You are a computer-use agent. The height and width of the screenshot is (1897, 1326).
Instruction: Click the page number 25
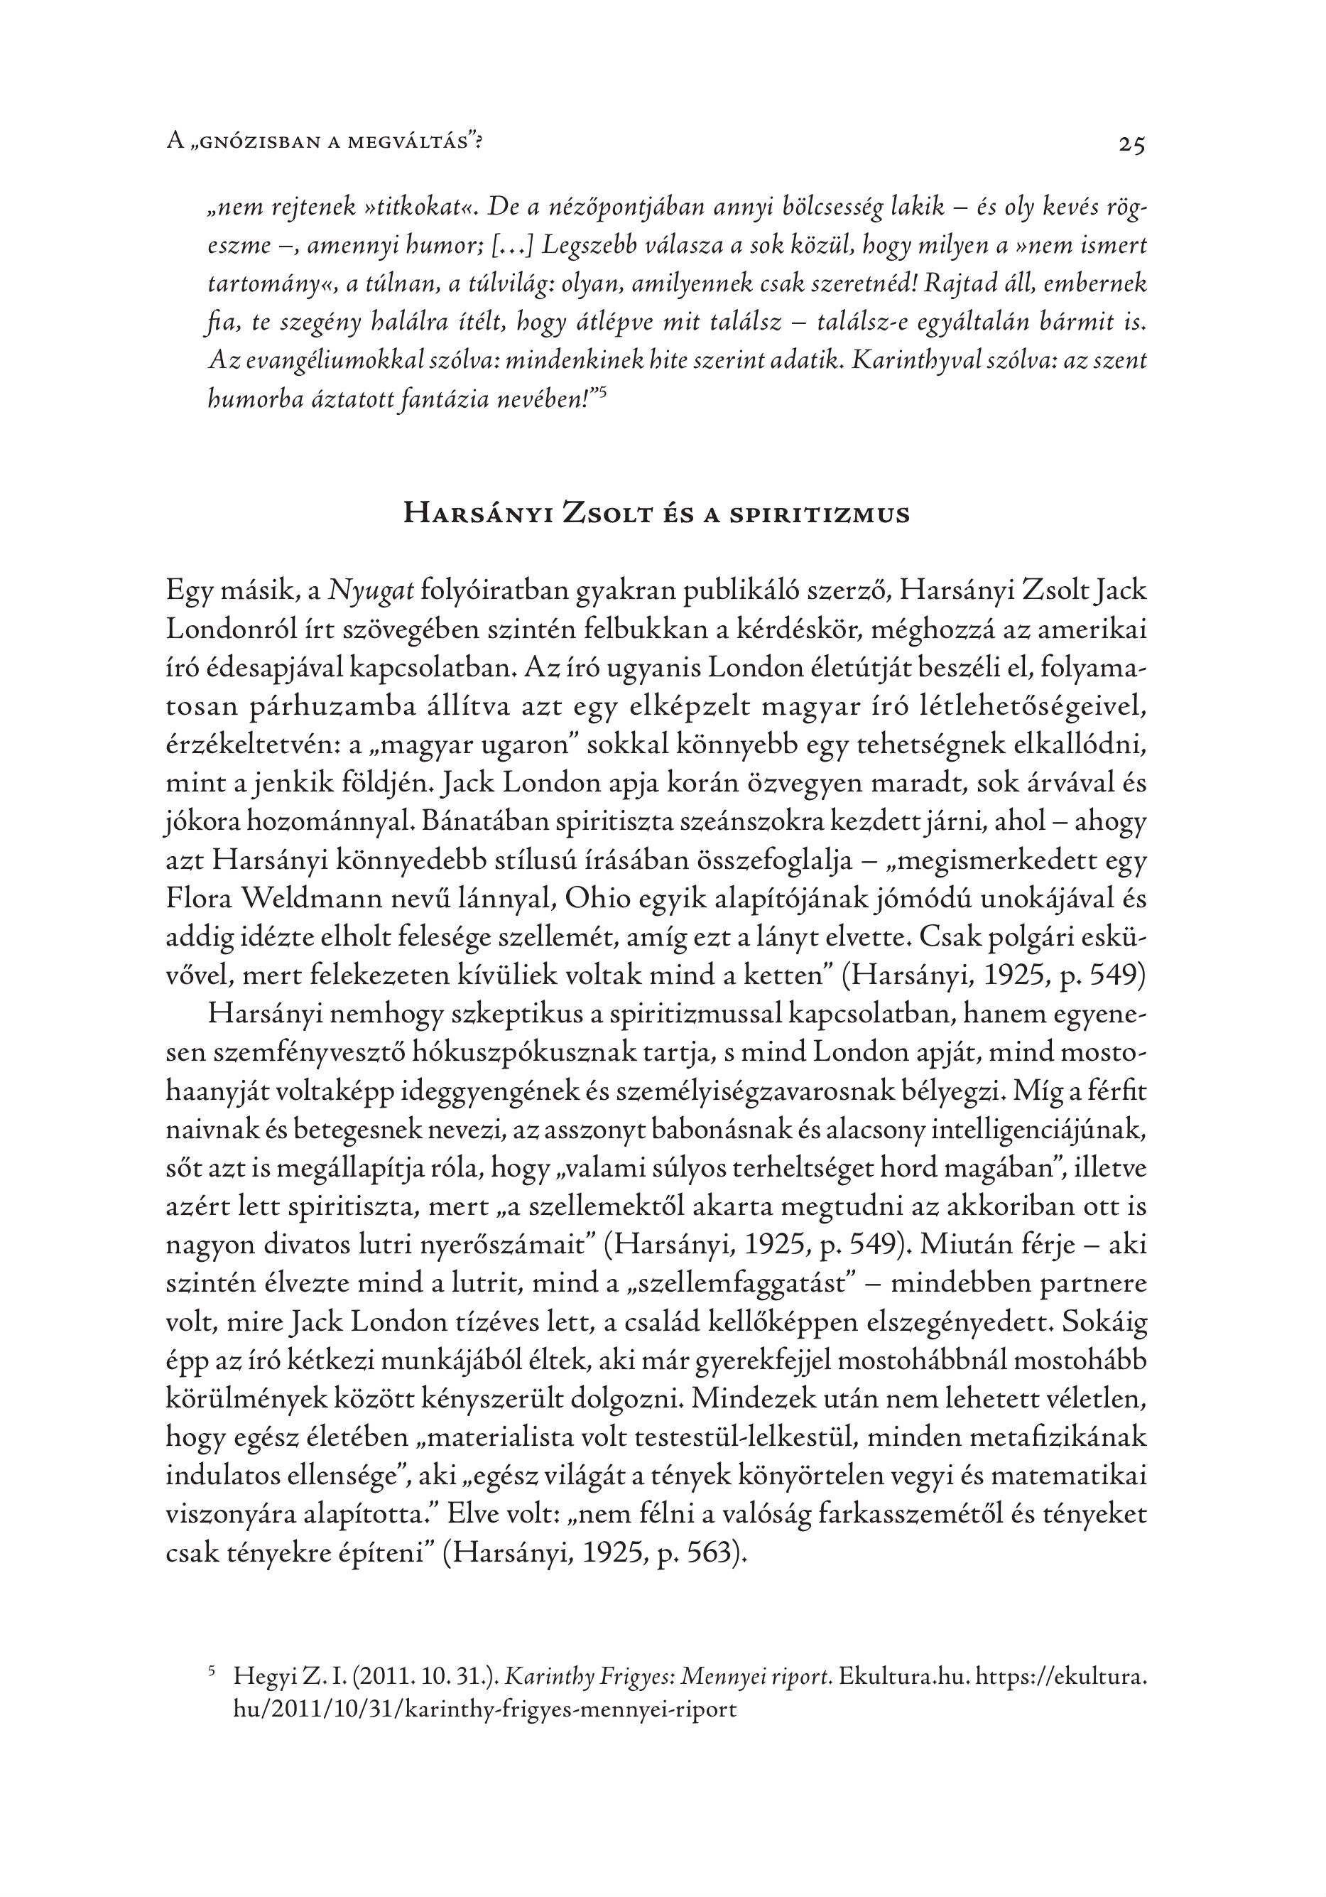pos(1132,145)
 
